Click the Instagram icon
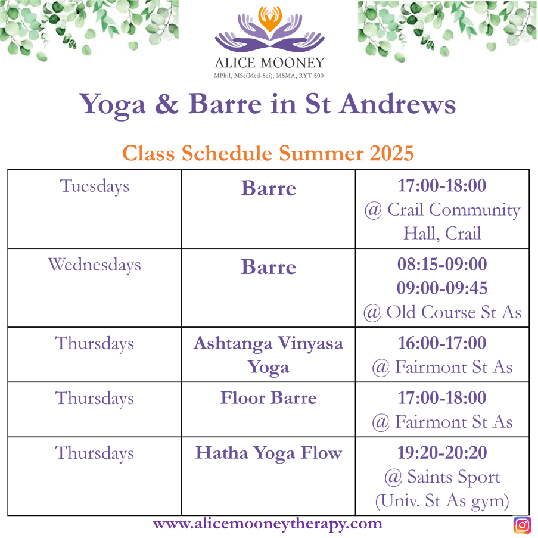click(523, 525)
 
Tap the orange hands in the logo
click(270, 18)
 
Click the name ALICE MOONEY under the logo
click(270, 63)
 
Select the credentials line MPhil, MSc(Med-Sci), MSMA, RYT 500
click(269, 76)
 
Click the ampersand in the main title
click(167, 104)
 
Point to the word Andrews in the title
click(397, 104)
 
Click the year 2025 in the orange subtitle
click(391, 153)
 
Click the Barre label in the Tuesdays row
click(269, 188)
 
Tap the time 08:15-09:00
click(442, 264)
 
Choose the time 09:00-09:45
click(442, 288)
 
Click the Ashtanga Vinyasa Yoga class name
click(268, 354)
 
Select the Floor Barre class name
click(268, 398)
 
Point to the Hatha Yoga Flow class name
click(269, 453)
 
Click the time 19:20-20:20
click(442, 453)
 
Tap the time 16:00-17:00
click(442, 343)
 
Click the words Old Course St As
click(454, 312)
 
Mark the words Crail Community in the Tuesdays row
click(454, 210)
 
